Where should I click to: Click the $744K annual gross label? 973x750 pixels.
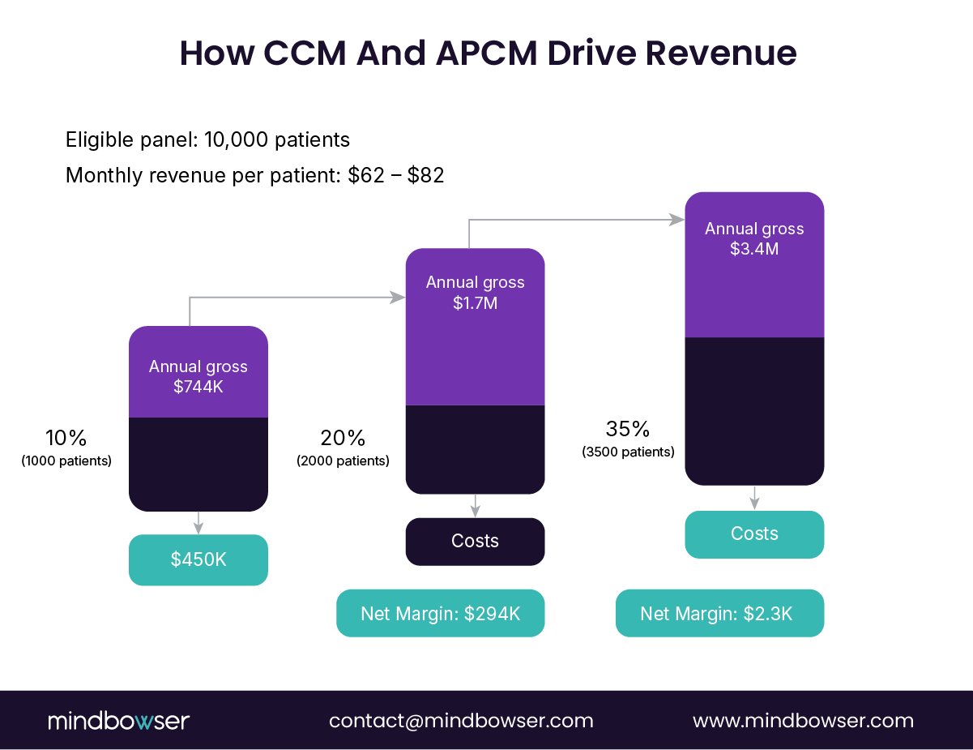(x=198, y=377)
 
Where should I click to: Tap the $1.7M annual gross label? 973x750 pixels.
(x=475, y=293)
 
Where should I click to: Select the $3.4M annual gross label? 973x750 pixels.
(x=754, y=238)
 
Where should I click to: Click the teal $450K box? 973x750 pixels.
(x=198, y=559)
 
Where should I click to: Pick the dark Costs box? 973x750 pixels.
(x=475, y=542)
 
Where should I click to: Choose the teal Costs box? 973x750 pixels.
(x=754, y=534)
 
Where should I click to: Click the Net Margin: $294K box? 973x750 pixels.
(x=440, y=613)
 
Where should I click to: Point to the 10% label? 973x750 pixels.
(x=66, y=439)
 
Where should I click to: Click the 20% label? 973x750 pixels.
(x=343, y=439)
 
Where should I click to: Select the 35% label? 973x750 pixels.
(x=628, y=430)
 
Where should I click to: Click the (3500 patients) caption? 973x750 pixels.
(x=628, y=452)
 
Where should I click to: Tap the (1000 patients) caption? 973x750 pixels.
(x=66, y=461)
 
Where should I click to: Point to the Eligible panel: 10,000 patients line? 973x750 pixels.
(x=207, y=139)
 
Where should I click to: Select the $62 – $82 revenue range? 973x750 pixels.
(x=395, y=175)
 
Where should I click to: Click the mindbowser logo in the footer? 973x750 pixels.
(x=118, y=721)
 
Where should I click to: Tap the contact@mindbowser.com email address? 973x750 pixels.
(x=461, y=721)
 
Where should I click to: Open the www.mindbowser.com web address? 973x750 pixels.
(x=803, y=721)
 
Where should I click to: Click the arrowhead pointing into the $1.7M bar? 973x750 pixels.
(x=398, y=298)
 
